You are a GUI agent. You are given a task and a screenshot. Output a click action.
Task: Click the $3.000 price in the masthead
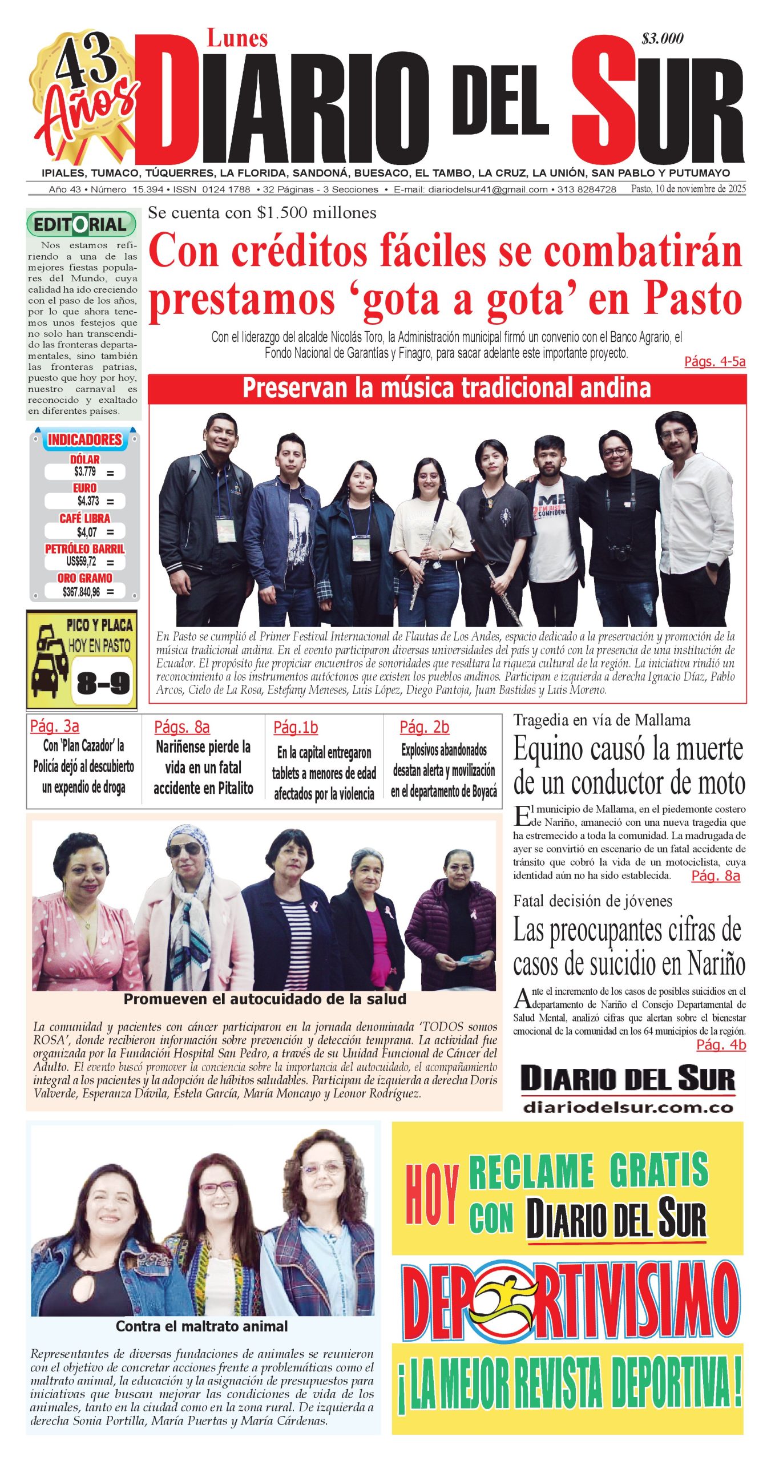coord(662,39)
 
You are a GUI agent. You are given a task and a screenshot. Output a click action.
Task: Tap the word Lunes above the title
coord(237,39)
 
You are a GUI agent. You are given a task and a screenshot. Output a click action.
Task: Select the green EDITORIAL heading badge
coord(81,224)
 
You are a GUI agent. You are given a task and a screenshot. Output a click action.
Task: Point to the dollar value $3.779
coord(85,471)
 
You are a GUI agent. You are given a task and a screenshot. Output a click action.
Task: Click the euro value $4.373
coord(88,501)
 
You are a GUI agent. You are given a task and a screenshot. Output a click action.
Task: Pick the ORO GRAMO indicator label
coord(84,578)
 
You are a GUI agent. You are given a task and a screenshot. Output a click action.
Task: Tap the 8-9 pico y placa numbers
coord(103,682)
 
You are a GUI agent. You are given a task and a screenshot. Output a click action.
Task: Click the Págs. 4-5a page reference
coord(715,361)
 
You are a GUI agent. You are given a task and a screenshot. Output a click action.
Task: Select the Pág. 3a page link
coord(55,726)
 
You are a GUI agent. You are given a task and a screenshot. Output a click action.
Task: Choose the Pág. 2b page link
coord(424,727)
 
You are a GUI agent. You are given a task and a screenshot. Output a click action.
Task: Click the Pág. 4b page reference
coord(721,1044)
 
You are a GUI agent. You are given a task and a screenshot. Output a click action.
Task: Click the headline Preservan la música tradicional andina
coord(446,388)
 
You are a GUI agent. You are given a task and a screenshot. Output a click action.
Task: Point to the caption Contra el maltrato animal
coord(201,1326)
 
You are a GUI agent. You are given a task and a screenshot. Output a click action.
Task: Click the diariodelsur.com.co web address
coord(628,1108)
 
